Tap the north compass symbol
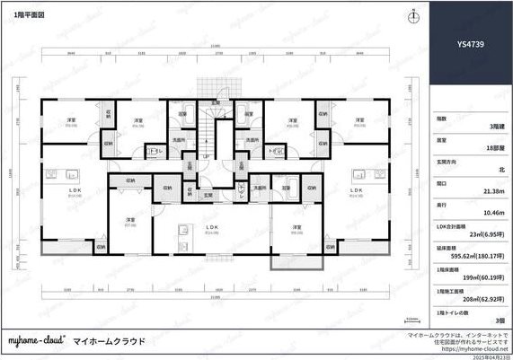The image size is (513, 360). pos(412,17)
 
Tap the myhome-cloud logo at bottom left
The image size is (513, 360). pos(35,341)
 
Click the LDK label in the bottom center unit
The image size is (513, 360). pos(212,228)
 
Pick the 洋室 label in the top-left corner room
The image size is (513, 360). pos(70,120)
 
